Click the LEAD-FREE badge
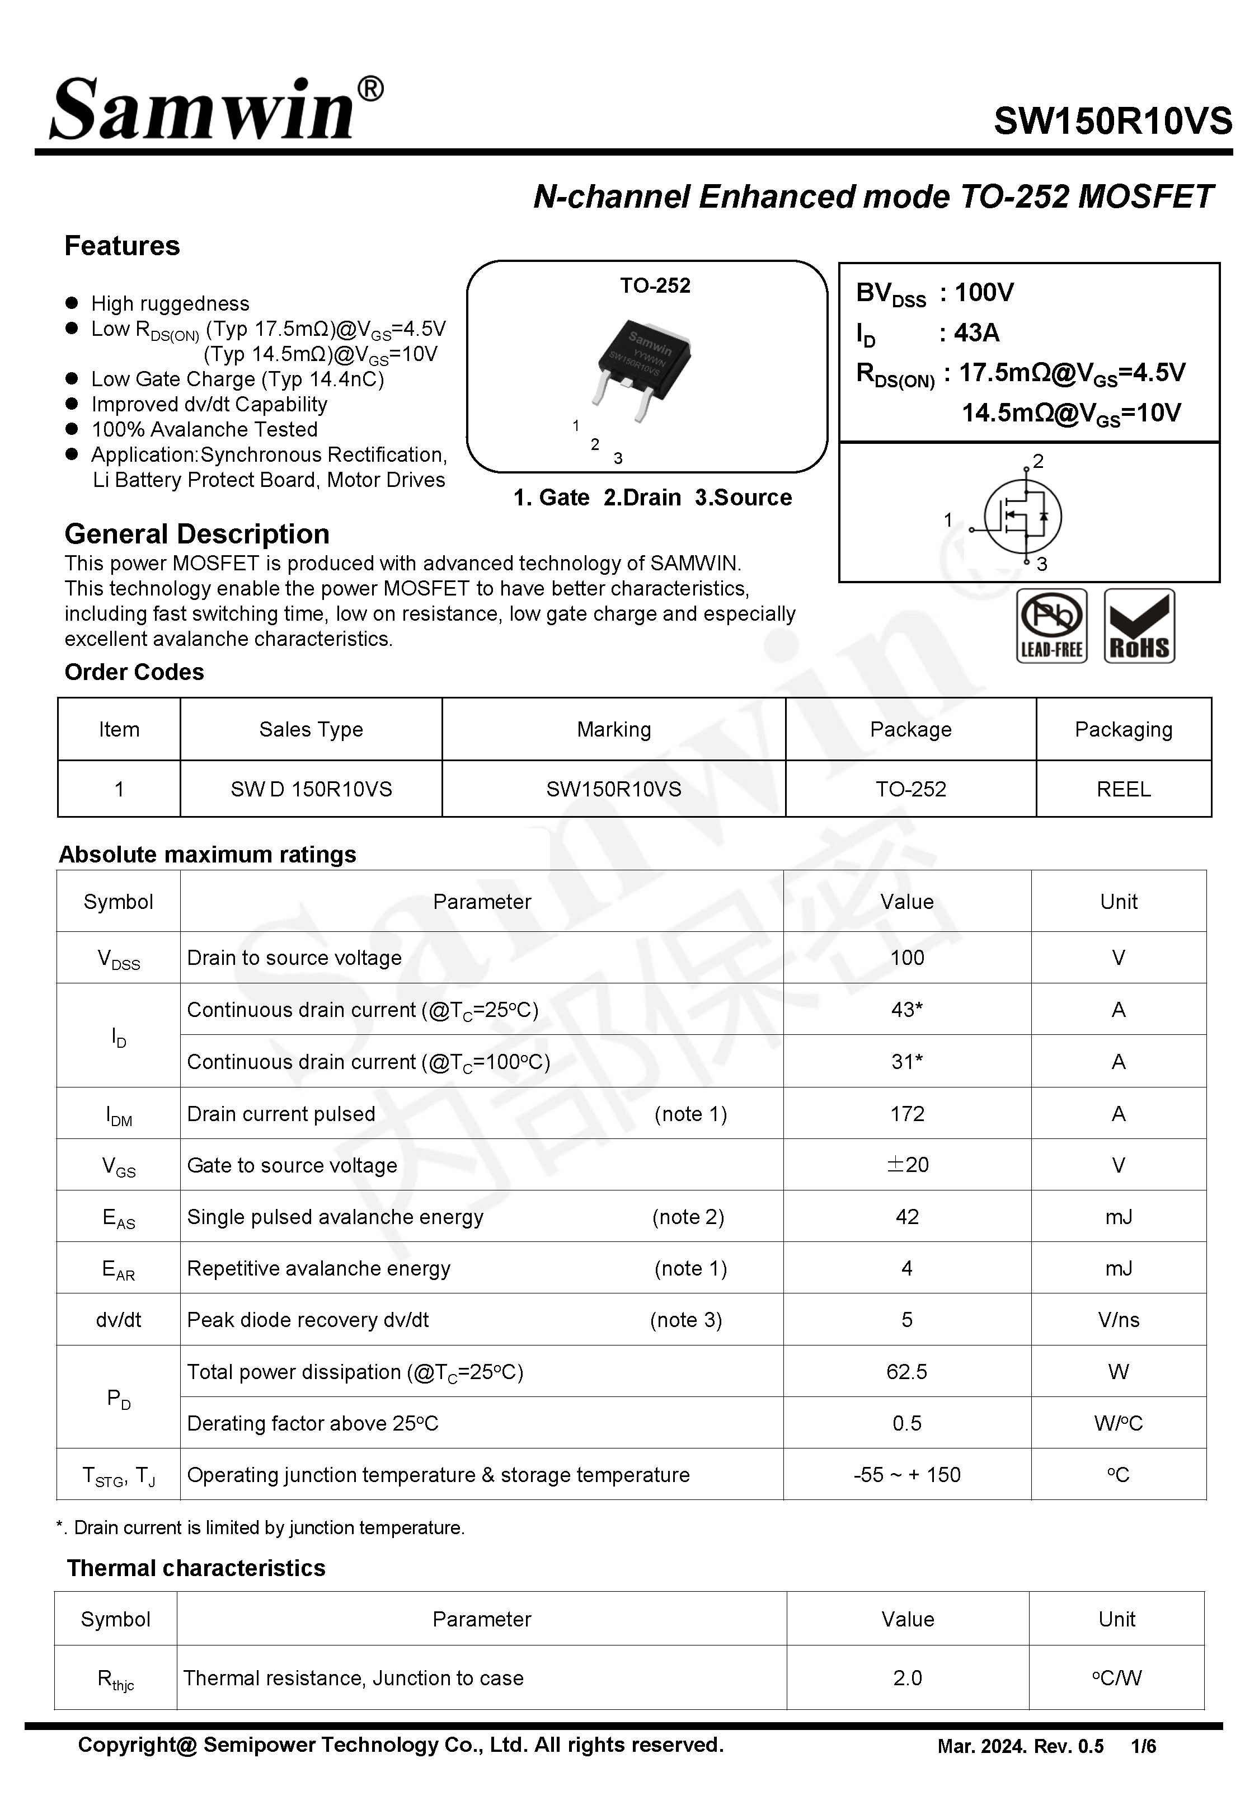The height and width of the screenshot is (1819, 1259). pos(1051,626)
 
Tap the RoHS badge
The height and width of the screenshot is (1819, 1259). pos(1139,626)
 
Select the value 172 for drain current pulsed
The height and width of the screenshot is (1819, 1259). pos(906,1114)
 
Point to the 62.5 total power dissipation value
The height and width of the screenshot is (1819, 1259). pos(906,1372)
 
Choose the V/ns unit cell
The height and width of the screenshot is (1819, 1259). pos(1118,1320)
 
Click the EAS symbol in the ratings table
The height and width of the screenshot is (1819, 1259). pos(118,1218)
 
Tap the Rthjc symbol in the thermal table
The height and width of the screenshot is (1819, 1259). pos(115,1679)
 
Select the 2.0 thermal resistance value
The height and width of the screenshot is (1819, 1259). pos(907,1678)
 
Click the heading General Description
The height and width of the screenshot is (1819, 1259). pos(196,534)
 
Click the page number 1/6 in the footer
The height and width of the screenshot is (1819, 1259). pos(1143,1746)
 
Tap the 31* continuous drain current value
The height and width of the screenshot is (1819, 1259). pos(906,1062)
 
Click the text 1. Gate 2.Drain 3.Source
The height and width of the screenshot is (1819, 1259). pos(652,498)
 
